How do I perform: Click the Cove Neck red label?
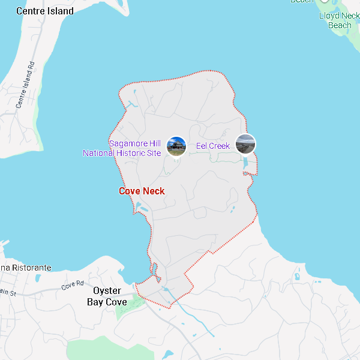tap(142, 191)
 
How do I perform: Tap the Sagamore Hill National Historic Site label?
tap(122, 148)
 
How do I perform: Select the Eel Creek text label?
tap(212, 146)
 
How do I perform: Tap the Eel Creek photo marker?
tap(245, 144)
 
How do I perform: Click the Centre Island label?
tap(45, 11)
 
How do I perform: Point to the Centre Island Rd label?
tap(26, 84)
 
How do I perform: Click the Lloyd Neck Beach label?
tap(340, 20)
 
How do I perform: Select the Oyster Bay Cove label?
tap(107, 296)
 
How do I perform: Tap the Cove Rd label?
tap(73, 286)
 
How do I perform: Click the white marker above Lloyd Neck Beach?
tap(325, 1)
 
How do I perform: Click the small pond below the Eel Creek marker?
tap(245, 162)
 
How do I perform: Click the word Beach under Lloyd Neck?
tap(340, 25)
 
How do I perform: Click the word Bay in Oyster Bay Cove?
tap(96, 302)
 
